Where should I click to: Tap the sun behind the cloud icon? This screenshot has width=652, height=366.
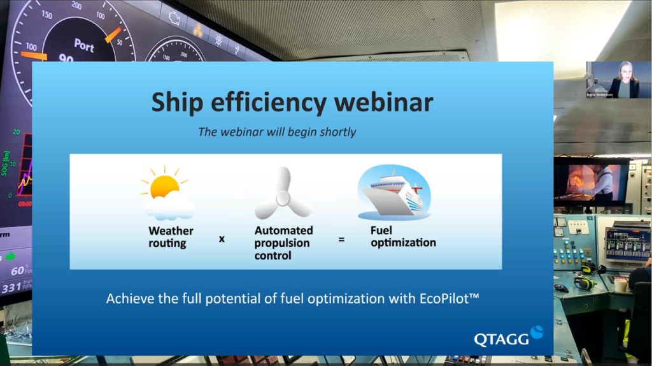(x=164, y=186)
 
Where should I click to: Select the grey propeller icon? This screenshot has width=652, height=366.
(x=282, y=194)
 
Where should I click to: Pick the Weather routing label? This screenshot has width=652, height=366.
(x=171, y=237)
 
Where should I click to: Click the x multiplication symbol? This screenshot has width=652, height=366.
(x=222, y=240)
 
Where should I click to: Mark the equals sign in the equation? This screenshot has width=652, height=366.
(x=341, y=240)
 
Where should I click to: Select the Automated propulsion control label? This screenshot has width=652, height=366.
(x=283, y=243)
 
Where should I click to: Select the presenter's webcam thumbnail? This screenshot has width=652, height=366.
(x=618, y=80)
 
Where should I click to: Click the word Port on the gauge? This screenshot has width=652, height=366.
(x=83, y=45)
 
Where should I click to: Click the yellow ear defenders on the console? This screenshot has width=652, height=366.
(x=584, y=281)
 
